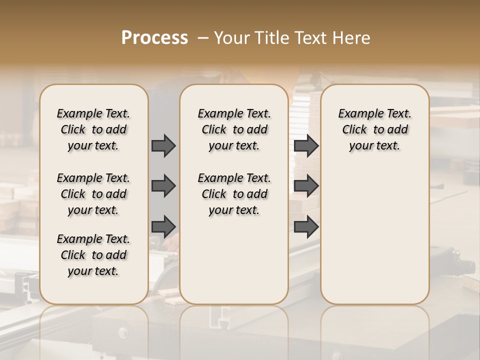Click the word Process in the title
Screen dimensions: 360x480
(154, 38)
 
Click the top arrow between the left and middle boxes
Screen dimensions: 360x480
(163, 145)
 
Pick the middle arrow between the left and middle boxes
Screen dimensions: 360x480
(163, 186)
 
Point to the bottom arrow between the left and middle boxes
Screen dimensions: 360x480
(163, 226)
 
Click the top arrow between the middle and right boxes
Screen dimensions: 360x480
(306, 145)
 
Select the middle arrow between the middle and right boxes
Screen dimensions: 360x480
(306, 186)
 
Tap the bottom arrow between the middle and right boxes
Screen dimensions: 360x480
(306, 226)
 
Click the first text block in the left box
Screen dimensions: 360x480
(93, 129)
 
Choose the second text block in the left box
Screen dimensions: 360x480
(93, 194)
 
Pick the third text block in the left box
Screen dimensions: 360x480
(93, 255)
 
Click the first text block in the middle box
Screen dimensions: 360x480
(234, 129)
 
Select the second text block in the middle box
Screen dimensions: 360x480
(234, 194)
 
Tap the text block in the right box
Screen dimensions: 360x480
(374, 129)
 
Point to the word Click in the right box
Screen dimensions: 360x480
(354, 130)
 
